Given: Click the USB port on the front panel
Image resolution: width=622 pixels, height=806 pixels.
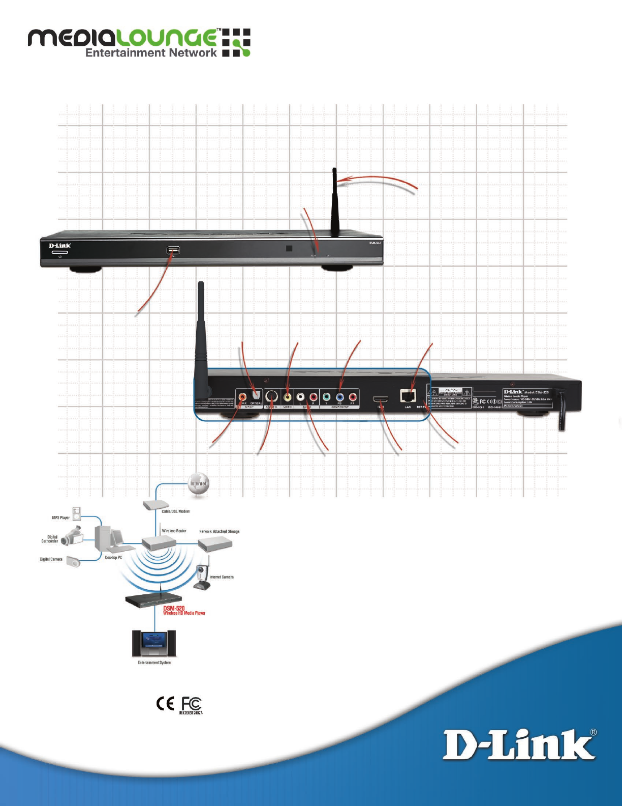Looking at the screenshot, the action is coord(173,251).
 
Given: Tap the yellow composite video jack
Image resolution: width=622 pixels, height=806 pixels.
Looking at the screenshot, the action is coord(288,397).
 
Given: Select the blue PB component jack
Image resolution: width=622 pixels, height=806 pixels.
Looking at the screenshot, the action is coord(339,397).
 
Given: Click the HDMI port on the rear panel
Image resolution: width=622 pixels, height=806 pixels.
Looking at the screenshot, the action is coord(381,399).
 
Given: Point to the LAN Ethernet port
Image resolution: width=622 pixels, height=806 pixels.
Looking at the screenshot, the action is coord(408,396).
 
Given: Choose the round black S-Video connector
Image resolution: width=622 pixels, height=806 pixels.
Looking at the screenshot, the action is coord(271,397).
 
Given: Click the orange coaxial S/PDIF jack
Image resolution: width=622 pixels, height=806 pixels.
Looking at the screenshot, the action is coord(243,397).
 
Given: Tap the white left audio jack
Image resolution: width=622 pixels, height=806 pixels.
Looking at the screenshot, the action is coord(301,397).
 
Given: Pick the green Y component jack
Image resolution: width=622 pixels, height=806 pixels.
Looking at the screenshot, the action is coord(327,397).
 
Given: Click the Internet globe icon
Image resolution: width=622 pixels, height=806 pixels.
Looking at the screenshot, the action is coord(199,484).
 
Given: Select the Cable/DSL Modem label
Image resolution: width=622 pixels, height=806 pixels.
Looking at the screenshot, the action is coord(175,511).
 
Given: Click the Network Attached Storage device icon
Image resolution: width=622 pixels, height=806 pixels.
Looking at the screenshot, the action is coord(215,544).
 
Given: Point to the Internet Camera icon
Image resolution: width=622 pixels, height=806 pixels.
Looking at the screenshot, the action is coord(203,578).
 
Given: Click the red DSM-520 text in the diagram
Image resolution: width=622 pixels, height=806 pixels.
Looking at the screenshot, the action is coord(174,608).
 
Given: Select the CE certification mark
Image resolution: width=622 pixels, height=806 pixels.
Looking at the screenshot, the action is coord(165,704).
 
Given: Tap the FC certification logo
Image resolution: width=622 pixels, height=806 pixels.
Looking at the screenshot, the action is coord(192,704).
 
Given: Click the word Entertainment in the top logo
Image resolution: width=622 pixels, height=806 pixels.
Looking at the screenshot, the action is coord(125,53).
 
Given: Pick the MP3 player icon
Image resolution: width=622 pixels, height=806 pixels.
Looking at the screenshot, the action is coord(76,514).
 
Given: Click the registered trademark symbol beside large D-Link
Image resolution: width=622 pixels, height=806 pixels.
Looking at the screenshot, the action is coord(593,733).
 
